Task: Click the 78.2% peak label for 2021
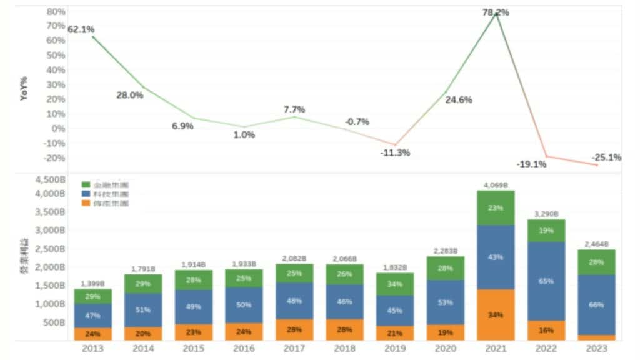pos(496,12)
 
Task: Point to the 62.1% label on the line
pos(81,29)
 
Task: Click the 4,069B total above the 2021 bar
pos(496,185)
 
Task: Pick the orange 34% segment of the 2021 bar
pos(496,314)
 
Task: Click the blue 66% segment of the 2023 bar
pos(597,304)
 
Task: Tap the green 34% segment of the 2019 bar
pos(395,284)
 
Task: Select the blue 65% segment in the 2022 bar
pos(546,281)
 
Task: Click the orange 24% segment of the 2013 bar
pos(93,334)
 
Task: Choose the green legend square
pos(87,184)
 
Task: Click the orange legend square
pos(87,203)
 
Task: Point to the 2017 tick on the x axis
pos(294,349)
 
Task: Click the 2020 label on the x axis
pos(445,349)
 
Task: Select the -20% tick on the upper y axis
pos(56,157)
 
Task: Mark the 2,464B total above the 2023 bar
pos(597,244)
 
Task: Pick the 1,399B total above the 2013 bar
pos(93,284)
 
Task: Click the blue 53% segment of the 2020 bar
pos(445,303)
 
